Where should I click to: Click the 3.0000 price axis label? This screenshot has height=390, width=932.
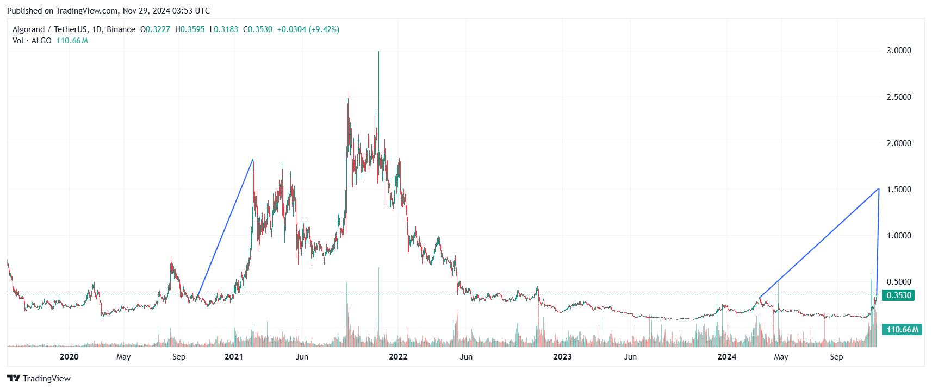[x=898, y=51]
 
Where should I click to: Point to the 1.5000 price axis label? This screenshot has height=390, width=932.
[x=898, y=190]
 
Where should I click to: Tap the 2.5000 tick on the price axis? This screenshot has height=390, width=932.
[x=898, y=97]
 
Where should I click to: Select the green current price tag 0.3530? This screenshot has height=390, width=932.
[x=898, y=295]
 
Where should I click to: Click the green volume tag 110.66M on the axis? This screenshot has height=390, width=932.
[x=902, y=330]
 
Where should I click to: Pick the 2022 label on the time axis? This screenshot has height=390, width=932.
[x=398, y=357]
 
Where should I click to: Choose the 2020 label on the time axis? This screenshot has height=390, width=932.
[x=69, y=357]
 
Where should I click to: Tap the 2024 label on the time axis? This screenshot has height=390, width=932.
[x=726, y=357]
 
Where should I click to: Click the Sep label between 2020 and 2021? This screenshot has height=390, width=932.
[x=179, y=357]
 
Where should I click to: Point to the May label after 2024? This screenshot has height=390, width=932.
[x=781, y=357]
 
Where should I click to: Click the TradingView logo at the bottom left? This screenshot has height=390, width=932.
[x=39, y=379]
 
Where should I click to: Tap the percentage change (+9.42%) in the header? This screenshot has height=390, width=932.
[x=324, y=29]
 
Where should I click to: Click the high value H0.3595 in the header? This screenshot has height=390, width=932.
[x=190, y=29]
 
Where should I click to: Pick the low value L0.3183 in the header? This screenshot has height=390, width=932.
[x=223, y=29]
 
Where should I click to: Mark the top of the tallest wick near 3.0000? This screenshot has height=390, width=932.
[x=378, y=52]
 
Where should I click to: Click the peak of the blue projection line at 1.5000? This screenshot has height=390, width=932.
[x=879, y=189]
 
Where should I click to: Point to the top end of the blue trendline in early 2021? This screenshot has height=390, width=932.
[x=253, y=159]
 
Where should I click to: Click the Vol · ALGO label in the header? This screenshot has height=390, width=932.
[x=32, y=41]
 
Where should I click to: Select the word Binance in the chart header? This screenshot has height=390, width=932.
[x=121, y=29]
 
